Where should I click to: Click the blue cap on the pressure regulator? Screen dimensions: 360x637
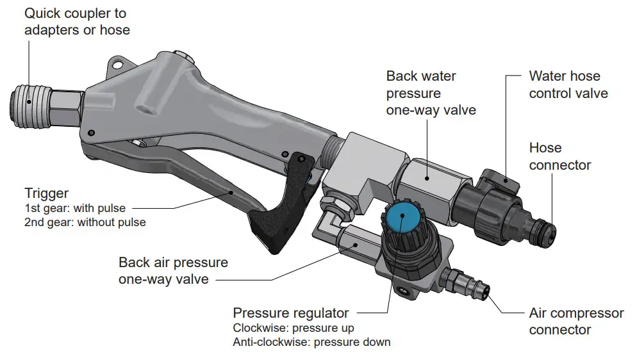click(401, 215)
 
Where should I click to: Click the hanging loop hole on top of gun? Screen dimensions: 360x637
click(117, 64)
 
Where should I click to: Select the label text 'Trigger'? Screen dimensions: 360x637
click(46, 193)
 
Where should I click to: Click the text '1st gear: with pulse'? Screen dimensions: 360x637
click(75, 208)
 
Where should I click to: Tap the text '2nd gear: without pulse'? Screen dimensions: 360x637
click(85, 223)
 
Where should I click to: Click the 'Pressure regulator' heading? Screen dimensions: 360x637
click(291, 313)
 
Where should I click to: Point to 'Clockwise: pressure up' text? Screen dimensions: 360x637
click(294, 328)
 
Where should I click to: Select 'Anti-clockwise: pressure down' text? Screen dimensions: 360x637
click(311, 342)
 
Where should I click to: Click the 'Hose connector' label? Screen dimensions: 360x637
click(559, 156)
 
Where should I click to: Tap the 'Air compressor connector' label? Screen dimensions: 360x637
click(576, 322)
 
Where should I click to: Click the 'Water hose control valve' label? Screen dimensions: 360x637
click(568, 85)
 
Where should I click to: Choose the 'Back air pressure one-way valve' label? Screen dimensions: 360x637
click(173, 271)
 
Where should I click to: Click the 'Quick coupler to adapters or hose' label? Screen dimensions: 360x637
click(77, 21)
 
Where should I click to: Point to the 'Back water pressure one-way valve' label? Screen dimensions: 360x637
click(431, 93)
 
